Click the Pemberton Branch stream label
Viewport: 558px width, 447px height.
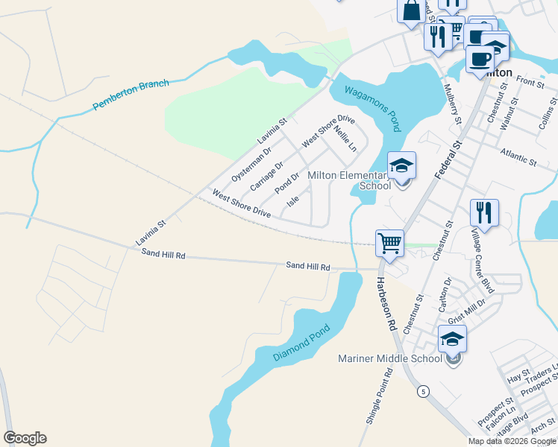coord(132,95)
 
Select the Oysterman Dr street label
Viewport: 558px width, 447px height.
coord(251,165)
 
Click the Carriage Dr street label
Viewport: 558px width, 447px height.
coord(267,177)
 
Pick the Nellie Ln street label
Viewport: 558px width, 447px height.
coord(345,139)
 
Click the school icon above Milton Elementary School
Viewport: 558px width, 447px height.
coord(401,166)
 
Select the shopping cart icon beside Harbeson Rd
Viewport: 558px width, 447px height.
coord(389,242)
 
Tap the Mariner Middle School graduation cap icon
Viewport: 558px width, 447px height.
coord(452,340)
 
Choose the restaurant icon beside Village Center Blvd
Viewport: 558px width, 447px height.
coord(485,212)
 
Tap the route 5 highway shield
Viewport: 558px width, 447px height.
coord(424,392)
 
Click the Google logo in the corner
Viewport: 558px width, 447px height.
coord(25,438)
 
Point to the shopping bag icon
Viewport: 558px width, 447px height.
coord(412,10)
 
